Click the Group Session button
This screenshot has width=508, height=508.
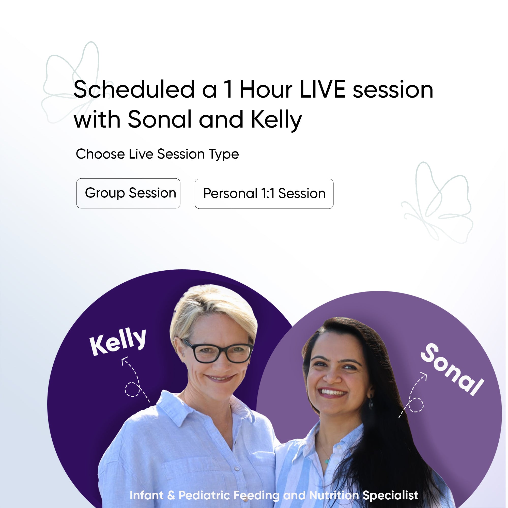point(128,193)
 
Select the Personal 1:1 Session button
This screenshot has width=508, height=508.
point(264,194)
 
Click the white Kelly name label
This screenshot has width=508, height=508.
point(118,342)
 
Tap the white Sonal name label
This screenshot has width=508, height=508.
point(452,370)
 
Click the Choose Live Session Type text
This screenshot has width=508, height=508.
point(157,154)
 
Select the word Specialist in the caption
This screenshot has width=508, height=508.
point(390,495)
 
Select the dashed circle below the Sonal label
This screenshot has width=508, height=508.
point(416,405)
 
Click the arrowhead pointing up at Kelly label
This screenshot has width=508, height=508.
point(125,360)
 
